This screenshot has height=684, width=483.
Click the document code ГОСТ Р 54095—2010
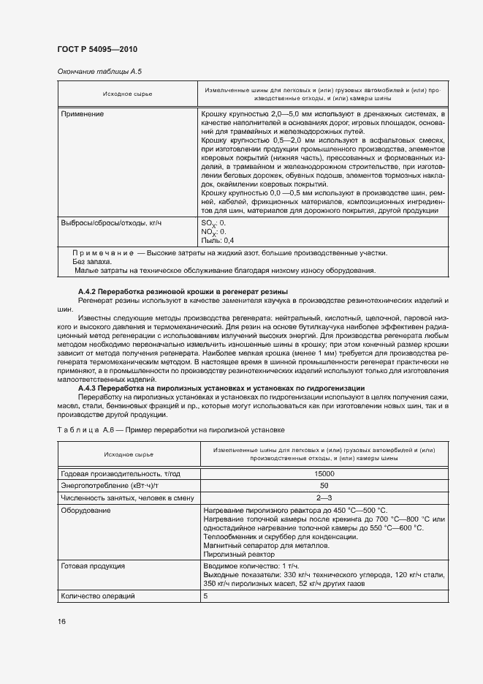click(x=97, y=49)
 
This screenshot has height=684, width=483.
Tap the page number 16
click(x=62, y=621)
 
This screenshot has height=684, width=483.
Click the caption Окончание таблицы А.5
click(x=99, y=72)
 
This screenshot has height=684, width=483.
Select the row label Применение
click(x=83, y=115)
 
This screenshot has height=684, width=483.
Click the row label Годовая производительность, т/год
click(x=121, y=474)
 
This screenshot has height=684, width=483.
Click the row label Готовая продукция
click(x=92, y=566)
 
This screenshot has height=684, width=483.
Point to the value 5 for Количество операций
click(x=205, y=596)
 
